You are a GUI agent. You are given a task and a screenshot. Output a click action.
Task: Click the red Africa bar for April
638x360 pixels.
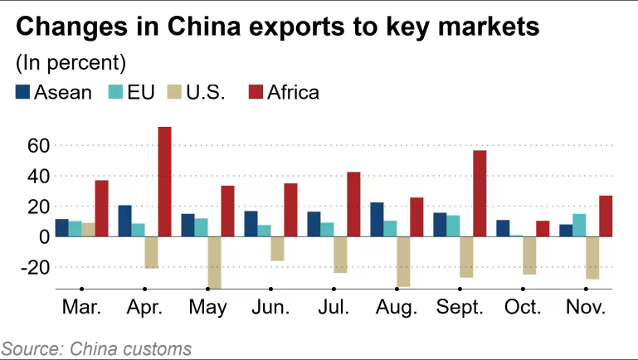(x=164, y=182)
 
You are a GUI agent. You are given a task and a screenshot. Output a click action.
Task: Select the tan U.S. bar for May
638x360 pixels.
(x=214, y=262)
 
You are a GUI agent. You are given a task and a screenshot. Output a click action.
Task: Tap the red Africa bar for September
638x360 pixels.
(x=479, y=193)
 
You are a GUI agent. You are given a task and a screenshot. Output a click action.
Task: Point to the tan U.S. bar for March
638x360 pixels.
(x=89, y=230)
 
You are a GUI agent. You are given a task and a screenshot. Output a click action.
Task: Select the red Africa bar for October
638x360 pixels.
(x=543, y=229)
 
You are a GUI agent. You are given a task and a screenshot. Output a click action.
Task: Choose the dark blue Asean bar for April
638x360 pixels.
(x=124, y=221)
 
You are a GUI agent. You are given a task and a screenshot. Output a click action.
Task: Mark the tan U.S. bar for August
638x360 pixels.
(x=403, y=261)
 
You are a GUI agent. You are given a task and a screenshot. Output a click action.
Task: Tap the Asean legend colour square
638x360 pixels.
(x=23, y=92)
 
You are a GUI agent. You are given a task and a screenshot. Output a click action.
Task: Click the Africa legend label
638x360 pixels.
(x=292, y=92)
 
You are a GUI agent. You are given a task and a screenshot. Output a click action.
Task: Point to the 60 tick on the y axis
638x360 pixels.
(x=39, y=146)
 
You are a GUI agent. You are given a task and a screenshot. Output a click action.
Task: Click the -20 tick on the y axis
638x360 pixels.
(x=36, y=267)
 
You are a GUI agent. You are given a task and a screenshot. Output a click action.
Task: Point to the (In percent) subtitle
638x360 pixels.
(x=71, y=62)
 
